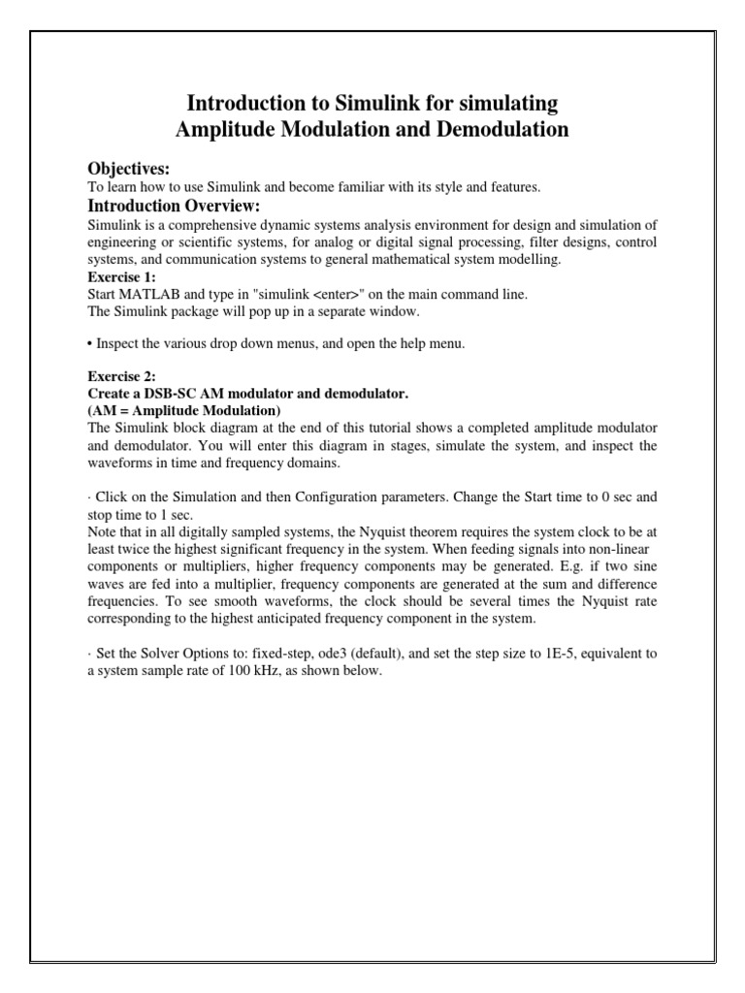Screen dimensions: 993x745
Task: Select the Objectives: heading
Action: coord(129,169)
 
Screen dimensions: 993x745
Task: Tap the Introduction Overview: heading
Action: coord(174,206)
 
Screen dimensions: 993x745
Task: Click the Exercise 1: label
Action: coord(118,275)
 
